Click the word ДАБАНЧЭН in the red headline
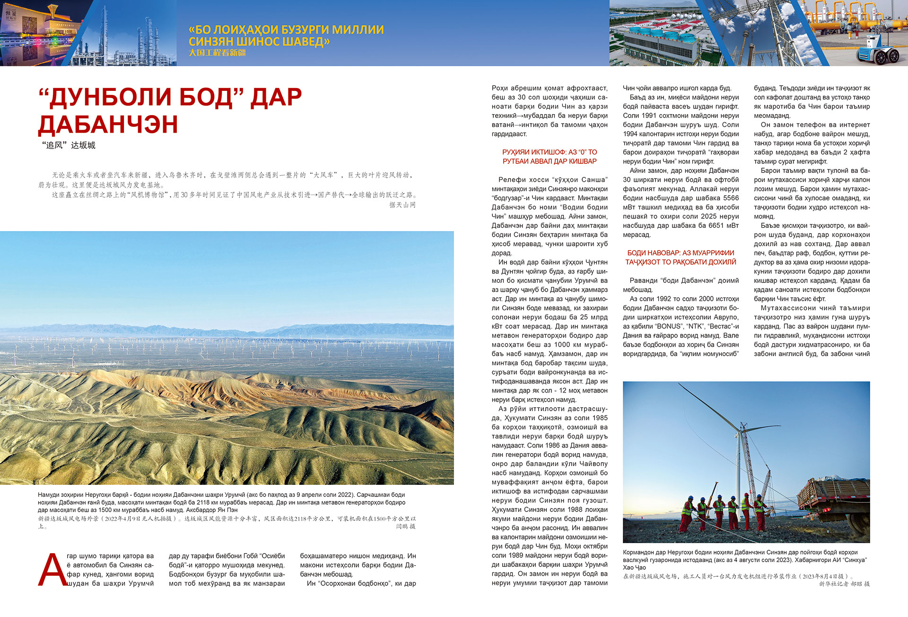coord(108,125)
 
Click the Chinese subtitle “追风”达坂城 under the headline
coord(69,145)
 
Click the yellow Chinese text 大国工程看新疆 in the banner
coord(217,53)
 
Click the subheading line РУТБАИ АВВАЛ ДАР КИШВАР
coord(550,161)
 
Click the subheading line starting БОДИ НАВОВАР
coord(681,253)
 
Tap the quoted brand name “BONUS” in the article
coord(668,326)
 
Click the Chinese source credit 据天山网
coord(402,205)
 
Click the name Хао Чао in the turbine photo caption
coord(634,567)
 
